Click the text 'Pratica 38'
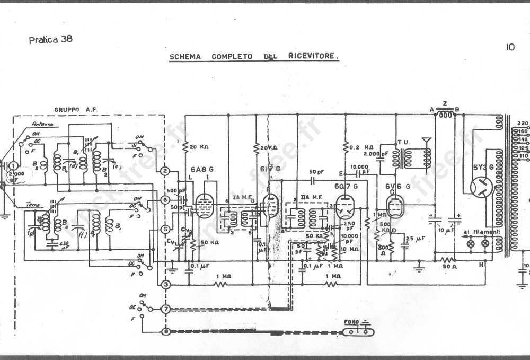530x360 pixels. coord(51,39)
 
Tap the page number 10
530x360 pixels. coord(510,47)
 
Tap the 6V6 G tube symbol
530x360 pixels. coord(395,206)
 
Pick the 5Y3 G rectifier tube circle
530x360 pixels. coord(481,187)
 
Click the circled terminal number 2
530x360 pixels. coord(165,171)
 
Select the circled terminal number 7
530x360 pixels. coord(166,309)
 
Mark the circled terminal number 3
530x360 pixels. coord(166,285)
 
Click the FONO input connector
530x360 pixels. coord(358,331)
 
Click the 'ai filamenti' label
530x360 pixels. coord(481,232)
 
